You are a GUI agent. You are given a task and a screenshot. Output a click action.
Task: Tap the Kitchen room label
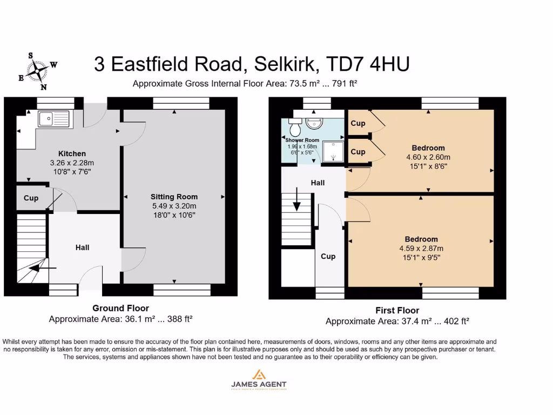[72, 154]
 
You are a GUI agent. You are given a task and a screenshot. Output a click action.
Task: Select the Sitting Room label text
[174, 197]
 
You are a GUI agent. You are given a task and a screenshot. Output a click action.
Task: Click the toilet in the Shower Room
[295, 129]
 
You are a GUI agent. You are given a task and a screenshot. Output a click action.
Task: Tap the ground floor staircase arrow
[41, 267]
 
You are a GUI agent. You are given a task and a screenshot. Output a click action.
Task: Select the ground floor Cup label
[31, 198]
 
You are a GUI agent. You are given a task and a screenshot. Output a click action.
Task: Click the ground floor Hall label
[82, 247]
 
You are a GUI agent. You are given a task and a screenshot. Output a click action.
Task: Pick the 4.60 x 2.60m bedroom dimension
[428, 157]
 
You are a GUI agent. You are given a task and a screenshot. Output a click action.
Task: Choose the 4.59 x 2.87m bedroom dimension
[421, 249]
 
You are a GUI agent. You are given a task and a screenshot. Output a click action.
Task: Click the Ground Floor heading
[120, 308]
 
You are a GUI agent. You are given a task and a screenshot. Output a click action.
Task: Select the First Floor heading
[397, 310]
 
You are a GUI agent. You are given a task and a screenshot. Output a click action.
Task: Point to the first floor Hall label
[318, 183]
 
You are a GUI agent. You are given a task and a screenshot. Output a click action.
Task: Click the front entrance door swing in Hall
[89, 277]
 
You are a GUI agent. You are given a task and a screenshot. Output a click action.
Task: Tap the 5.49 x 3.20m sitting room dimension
[174, 206]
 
